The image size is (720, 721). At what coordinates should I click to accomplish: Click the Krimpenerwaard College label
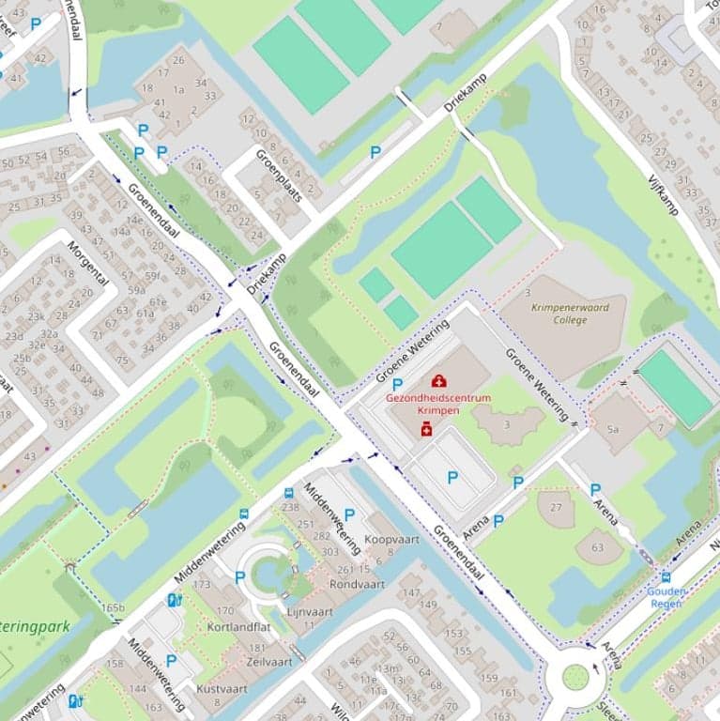click(x=570, y=314)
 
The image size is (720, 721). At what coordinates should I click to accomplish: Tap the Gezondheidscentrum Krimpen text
click(x=438, y=404)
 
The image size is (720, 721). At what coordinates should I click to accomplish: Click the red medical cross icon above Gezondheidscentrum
click(x=438, y=380)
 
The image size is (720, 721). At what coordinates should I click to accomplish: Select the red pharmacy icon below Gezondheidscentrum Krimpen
click(x=425, y=429)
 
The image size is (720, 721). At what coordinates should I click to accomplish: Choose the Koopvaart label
click(x=391, y=540)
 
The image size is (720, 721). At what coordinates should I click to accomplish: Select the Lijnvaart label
click(x=310, y=611)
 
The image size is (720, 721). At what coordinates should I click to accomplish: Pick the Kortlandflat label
click(x=239, y=626)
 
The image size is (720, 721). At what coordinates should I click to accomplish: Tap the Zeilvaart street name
click(x=266, y=661)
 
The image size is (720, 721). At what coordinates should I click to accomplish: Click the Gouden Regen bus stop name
click(x=666, y=597)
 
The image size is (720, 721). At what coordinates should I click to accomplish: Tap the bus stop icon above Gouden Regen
click(x=666, y=576)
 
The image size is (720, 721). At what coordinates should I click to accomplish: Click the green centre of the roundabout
click(x=575, y=676)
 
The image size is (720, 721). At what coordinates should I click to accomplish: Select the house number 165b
click(x=113, y=608)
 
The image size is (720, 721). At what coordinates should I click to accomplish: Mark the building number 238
click(x=290, y=507)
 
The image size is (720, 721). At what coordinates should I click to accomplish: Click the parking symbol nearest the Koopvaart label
click(x=349, y=514)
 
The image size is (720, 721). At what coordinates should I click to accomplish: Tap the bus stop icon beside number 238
click(x=245, y=514)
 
